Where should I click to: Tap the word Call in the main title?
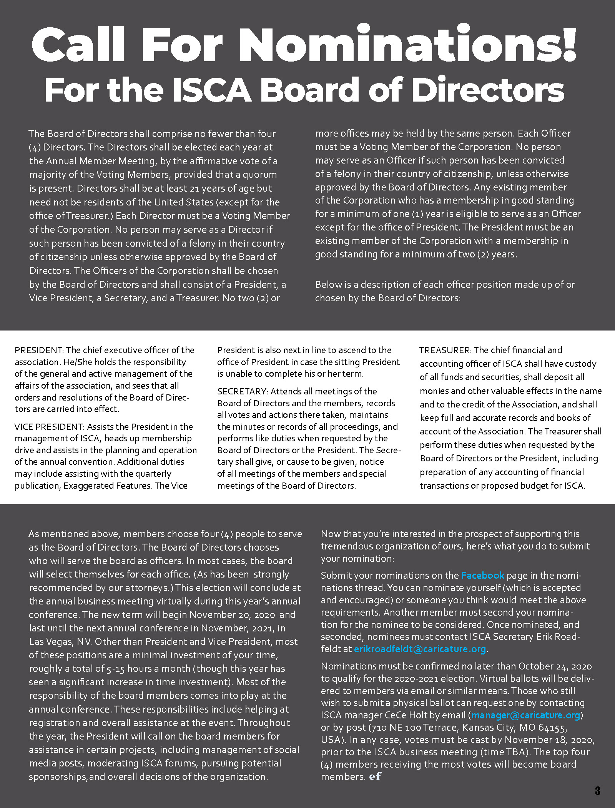pyautogui.click(x=78, y=45)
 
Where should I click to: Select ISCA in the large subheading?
pyautogui.click(x=211, y=90)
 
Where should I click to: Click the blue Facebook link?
pyautogui.click(x=482, y=575)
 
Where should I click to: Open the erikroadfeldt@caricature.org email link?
pyautogui.click(x=420, y=649)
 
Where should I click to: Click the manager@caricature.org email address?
pyautogui.click(x=525, y=715)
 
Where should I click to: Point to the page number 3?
pyautogui.click(x=597, y=791)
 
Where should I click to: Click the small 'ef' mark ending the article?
pyautogui.click(x=375, y=776)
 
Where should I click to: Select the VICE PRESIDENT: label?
pyautogui.click(x=49, y=427)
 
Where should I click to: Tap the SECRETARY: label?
pyautogui.click(x=243, y=391)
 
